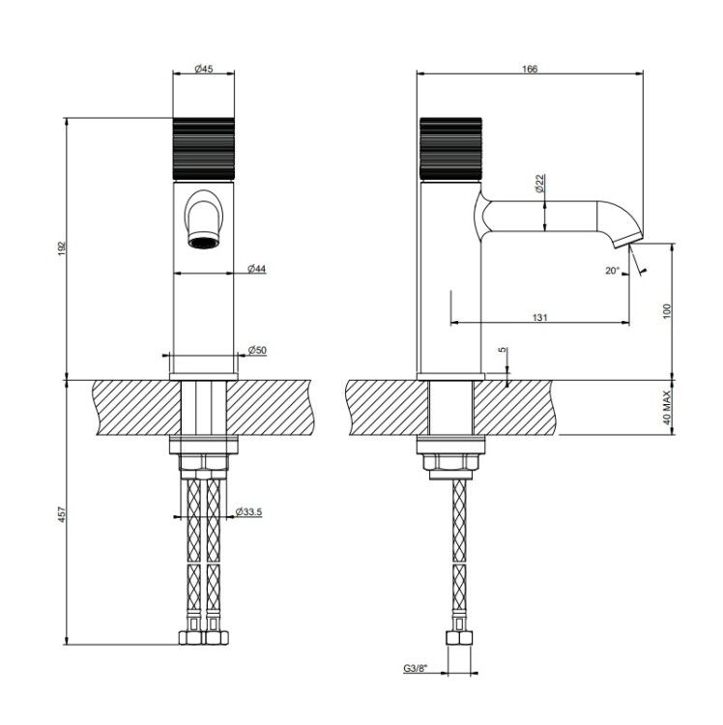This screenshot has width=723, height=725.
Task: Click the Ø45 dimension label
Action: (203, 69)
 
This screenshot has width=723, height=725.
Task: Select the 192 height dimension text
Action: (62, 248)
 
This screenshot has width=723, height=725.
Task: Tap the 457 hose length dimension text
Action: (62, 514)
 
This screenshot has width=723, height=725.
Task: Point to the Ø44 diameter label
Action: (256, 268)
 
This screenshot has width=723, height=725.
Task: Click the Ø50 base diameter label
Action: (257, 350)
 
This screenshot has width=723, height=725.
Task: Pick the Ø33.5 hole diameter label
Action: (248, 511)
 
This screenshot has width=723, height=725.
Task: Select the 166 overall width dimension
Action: (530, 69)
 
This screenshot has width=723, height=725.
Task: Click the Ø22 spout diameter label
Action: (539, 184)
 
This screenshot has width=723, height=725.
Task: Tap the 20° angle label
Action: (612, 271)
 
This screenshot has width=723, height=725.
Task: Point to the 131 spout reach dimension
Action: (540, 317)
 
